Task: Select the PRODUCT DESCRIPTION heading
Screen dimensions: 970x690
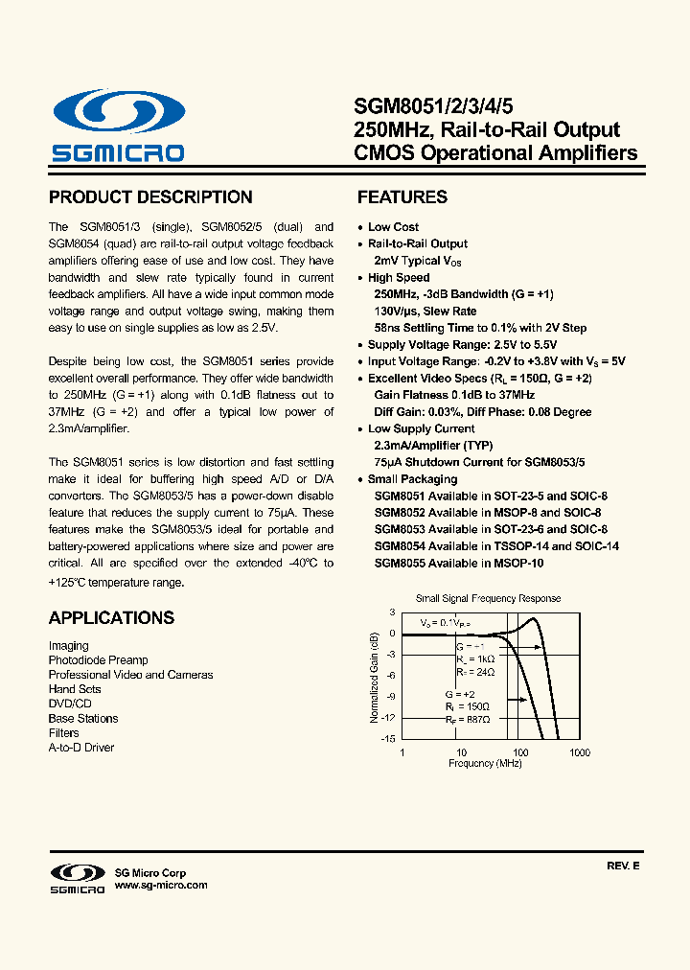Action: (x=150, y=197)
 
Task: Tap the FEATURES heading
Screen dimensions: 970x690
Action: (x=402, y=197)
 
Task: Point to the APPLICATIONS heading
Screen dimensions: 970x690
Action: (x=111, y=618)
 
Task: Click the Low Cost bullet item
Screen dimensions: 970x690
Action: (x=393, y=227)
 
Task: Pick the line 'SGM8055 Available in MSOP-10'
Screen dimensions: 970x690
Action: (x=459, y=564)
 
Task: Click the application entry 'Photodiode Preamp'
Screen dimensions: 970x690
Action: (x=99, y=660)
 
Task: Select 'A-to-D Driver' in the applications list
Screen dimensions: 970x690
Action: (x=81, y=748)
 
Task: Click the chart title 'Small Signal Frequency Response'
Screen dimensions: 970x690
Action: (x=488, y=599)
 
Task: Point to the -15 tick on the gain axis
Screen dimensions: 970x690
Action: (x=388, y=739)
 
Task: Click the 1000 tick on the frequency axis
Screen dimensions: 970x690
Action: (x=579, y=753)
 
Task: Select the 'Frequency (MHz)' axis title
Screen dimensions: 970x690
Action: (x=485, y=764)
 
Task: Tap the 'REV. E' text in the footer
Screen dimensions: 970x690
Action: (x=622, y=866)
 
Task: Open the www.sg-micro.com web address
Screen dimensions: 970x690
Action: (x=161, y=886)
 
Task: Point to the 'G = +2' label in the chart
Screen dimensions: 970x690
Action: (x=461, y=692)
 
